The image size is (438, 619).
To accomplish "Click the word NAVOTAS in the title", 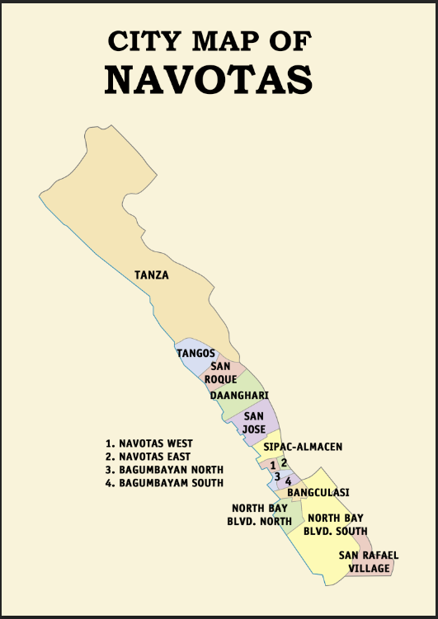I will (x=209, y=79).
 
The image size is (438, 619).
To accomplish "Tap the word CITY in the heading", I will (x=141, y=41).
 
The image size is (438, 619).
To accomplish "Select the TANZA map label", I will (x=152, y=275).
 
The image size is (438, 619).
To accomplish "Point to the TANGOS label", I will (x=195, y=354).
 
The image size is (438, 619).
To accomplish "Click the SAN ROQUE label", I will (x=220, y=373).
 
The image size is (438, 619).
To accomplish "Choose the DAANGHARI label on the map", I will (x=239, y=396).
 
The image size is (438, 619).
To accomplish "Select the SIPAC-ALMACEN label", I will (x=303, y=447).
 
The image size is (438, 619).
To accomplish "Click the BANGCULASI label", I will (x=318, y=493).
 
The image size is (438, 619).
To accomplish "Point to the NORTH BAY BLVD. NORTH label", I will (x=260, y=514).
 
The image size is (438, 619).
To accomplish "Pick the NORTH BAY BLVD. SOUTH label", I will (x=337, y=524).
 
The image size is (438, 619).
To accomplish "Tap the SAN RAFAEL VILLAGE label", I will (x=369, y=562).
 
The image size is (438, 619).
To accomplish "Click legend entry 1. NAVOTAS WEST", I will (x=149, y=443).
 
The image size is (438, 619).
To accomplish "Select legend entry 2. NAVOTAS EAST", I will (x=148, y=457).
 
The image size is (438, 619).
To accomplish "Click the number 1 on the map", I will (x=272, y=466).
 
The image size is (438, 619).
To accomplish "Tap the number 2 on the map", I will (x=284, y=462).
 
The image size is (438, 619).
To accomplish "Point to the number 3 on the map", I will (x=277, y=477).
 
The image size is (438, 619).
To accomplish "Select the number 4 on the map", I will (x=288, y=481).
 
